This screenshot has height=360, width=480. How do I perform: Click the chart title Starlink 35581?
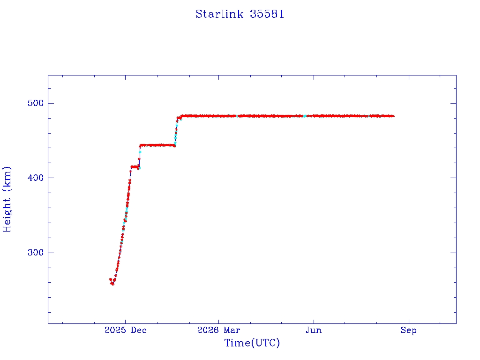pyautogui.click(x=240, y=14)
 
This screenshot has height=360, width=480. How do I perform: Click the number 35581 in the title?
pyautogui.click(x=267, y=14)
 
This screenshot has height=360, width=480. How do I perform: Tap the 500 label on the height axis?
pyautogui.click(x=36, y=103)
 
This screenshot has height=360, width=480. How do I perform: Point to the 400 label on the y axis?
pyautogui.click(x=36, y=178)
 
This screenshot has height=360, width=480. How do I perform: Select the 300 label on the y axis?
pyautogui.click(x=36, y=253)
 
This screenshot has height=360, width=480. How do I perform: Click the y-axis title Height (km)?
pyautogui.click(x=7, y=199)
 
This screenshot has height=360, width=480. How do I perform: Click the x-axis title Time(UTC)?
pyautogui.click(x=252, y=343)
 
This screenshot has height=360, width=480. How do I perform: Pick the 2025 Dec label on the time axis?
pyautogui.click(x=126, y=330)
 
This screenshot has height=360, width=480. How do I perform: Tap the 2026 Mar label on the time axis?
pyautogui.click(x=218, y=330)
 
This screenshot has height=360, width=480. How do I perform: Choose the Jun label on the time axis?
pyautogui.click(x=314, y=330)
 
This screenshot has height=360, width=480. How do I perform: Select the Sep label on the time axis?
pyautogui.click(x=409, y=330)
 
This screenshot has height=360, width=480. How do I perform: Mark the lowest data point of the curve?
pyautogui.click(x=112, y=284)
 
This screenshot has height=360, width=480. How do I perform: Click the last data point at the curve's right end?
pyautogui.click(x=393, y=116)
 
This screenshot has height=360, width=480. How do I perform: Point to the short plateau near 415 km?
pyautogui.click(x=135, y=167)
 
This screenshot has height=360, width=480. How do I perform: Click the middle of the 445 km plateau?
pyautogui.click(x=157, y=145)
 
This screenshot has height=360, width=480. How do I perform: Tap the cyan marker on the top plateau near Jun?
pyautogui.click(x=305, y=116)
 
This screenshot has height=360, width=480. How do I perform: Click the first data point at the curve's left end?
pyautogui.click(x=111, y=279)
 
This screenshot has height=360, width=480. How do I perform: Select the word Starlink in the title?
pyautogui.click(x=219, y=14)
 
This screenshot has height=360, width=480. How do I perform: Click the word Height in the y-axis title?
pyautogui.click(x=7, y=215)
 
